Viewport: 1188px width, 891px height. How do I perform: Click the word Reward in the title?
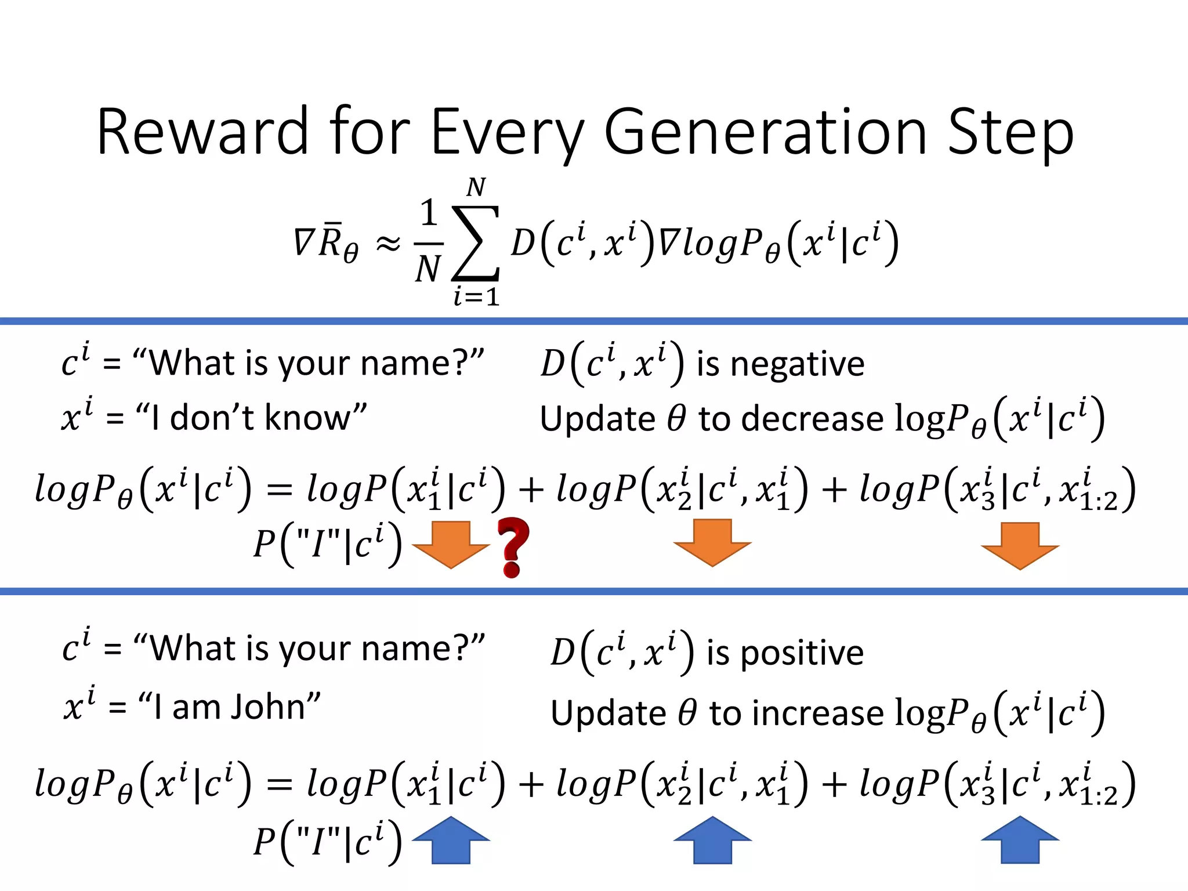point(202,132)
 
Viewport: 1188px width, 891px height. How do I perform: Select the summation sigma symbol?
point(476,242)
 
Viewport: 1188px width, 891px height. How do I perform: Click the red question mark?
point(513,547)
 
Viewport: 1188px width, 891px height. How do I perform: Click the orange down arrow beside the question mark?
point(451,544)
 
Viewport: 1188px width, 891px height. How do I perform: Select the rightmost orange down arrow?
point(1020,545)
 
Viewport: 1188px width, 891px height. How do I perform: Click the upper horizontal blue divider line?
point(594,321)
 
